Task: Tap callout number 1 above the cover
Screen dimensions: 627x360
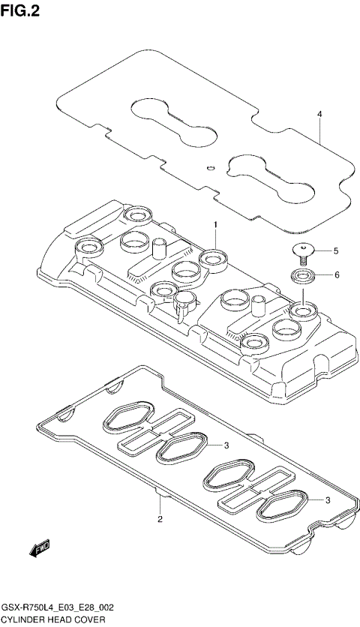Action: pos(214,224)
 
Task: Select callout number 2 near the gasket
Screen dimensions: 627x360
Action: pos(160,519)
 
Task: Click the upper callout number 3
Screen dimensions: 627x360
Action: pos(225,445)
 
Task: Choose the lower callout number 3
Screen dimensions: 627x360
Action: pos(327,500)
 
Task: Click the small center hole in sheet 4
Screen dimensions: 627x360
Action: pos(211,167)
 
